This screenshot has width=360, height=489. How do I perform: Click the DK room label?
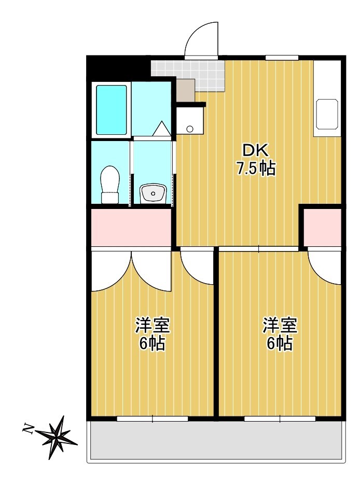coord(256,151)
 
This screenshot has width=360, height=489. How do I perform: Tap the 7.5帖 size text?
coord(256,169)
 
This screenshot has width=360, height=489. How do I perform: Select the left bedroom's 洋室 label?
coord(152,326)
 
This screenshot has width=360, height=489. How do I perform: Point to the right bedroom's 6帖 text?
coord(280,343)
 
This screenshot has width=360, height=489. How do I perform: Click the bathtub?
coord(112,110)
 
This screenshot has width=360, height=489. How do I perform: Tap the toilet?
coord(110,185)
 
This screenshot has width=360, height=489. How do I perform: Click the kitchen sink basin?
coord(327,114)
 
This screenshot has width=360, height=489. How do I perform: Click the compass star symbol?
coord(57,437)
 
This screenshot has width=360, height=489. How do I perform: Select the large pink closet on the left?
coord(131,227)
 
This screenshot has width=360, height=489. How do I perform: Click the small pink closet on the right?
coord(323,227)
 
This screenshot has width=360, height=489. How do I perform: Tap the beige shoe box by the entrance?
coord(186,90)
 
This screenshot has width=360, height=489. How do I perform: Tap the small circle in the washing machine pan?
coord(189,128)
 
